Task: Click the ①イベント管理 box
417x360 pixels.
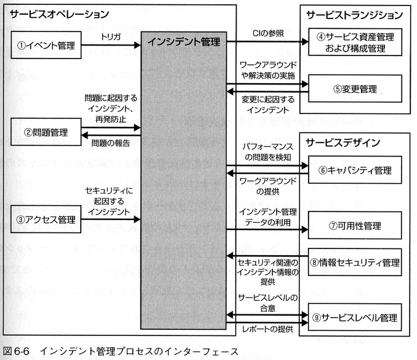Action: pyautogui.click(x=47, y=44)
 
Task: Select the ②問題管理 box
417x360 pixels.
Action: pyautogui.click(x=47, y=131)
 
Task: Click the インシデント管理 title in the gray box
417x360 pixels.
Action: pyautogui.click(x=183, y=41)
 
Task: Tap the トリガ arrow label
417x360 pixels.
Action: pyautogui.click(x=111, y=36)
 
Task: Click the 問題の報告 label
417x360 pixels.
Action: pyautogui.click(x=110, y=143)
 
